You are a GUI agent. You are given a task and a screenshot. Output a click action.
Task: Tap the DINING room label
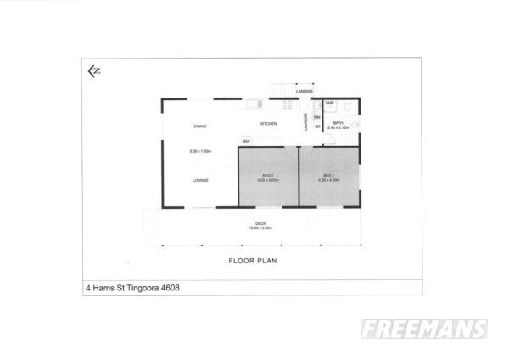pos(200,127)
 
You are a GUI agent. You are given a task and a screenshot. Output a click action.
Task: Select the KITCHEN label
pos(268,124)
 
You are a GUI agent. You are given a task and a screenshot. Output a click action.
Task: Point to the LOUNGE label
pos(200,180)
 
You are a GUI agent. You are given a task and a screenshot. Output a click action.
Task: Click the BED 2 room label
pos(267,176)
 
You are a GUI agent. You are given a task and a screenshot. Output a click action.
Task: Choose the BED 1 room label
pos(329,176)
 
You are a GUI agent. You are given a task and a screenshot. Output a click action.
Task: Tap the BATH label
pos(338,123)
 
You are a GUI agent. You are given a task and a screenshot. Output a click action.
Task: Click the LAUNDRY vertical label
pos(305,123)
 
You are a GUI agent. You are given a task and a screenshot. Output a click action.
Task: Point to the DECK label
pos(260,223)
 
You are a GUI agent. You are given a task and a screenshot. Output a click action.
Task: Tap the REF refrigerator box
pos(246,141)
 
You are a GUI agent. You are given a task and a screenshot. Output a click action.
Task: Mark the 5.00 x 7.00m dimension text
pos(200,151)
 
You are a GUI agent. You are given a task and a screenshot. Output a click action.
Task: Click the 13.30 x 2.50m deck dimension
pos(260,228)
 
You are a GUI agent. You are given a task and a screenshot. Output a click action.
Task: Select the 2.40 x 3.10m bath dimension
pos(338,128)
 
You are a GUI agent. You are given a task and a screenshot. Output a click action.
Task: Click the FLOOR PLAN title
pos(260,261)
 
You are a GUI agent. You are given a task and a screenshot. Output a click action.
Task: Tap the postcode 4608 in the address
pos(169,287)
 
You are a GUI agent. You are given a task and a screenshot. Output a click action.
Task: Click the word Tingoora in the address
pos(139,287)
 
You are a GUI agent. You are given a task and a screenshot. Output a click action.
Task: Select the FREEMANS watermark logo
pos(423,329)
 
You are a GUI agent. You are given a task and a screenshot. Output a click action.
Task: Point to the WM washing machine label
pos(317,117)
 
